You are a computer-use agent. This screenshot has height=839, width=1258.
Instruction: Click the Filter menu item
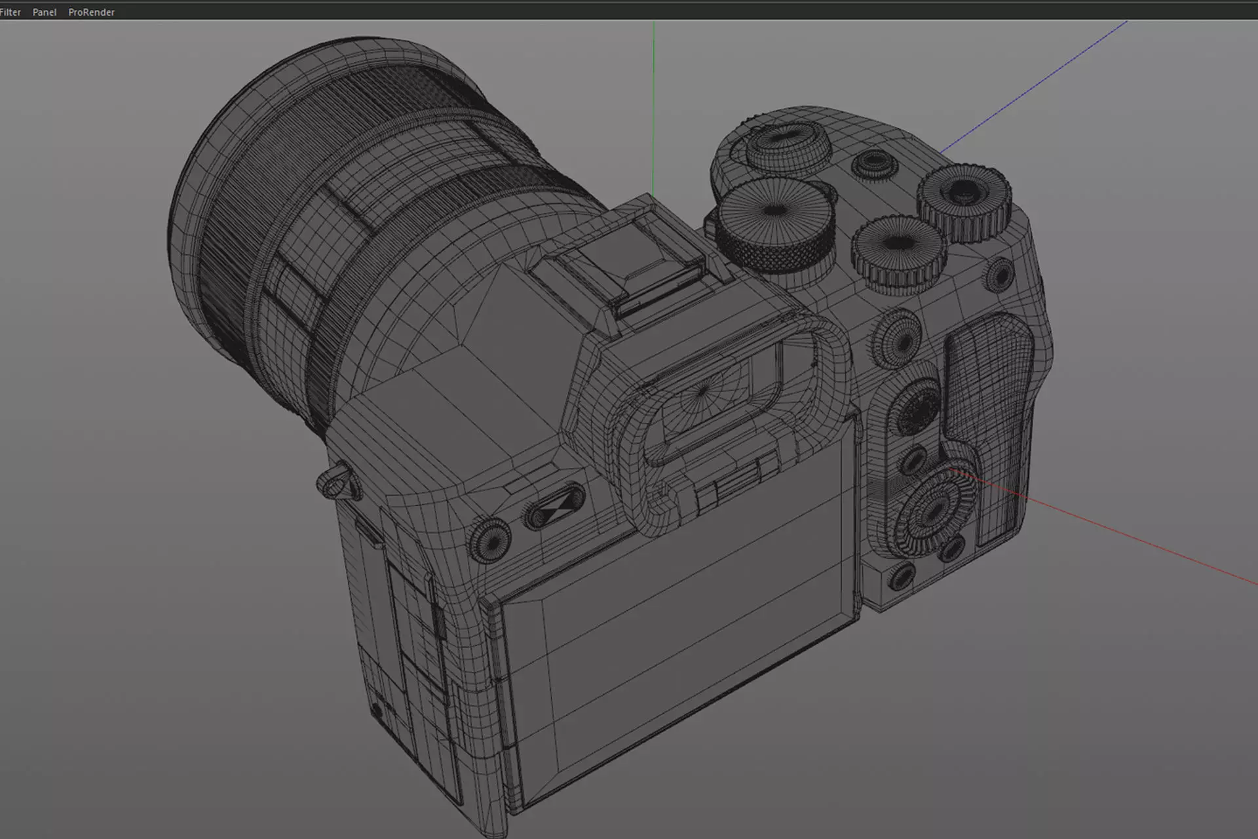pos(10,12)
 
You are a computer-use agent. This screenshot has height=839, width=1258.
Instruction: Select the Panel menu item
pos(45,12)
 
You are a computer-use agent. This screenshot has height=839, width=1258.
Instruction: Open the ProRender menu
pos(91,12)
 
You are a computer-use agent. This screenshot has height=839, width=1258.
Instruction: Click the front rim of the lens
pos(197,197)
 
